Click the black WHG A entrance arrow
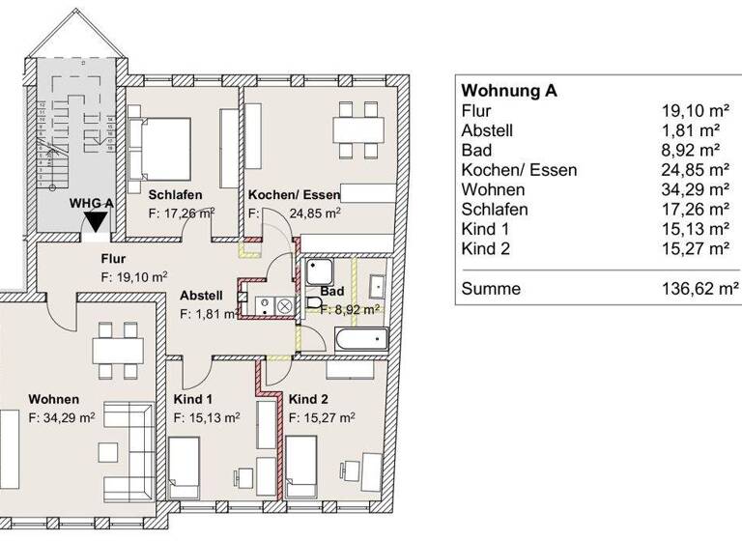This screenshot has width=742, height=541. pyautogui.click(x=95, y=223)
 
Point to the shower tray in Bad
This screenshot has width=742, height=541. pyautogui.click(x=320, y=271)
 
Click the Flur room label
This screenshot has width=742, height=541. pyautogui.click(x=114, y=258)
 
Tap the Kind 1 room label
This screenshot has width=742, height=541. pyautogui.click(x=193, y=399)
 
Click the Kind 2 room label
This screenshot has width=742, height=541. pyautogui.click(x=309, y=399)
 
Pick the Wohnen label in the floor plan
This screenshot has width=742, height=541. pyautogui.click(x=53, y=399)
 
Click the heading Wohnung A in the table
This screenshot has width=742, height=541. pyautogui.click(x=509, y=91)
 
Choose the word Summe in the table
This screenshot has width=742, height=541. pyautogui.click(x=491, y=288)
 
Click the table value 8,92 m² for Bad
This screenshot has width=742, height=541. pyautogui.click(x=697, y=150)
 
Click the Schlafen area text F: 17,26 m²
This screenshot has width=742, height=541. pyautogui.click(x=181, y=214)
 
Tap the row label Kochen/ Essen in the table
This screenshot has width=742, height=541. pyautogui.click(x=519, y=170)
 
